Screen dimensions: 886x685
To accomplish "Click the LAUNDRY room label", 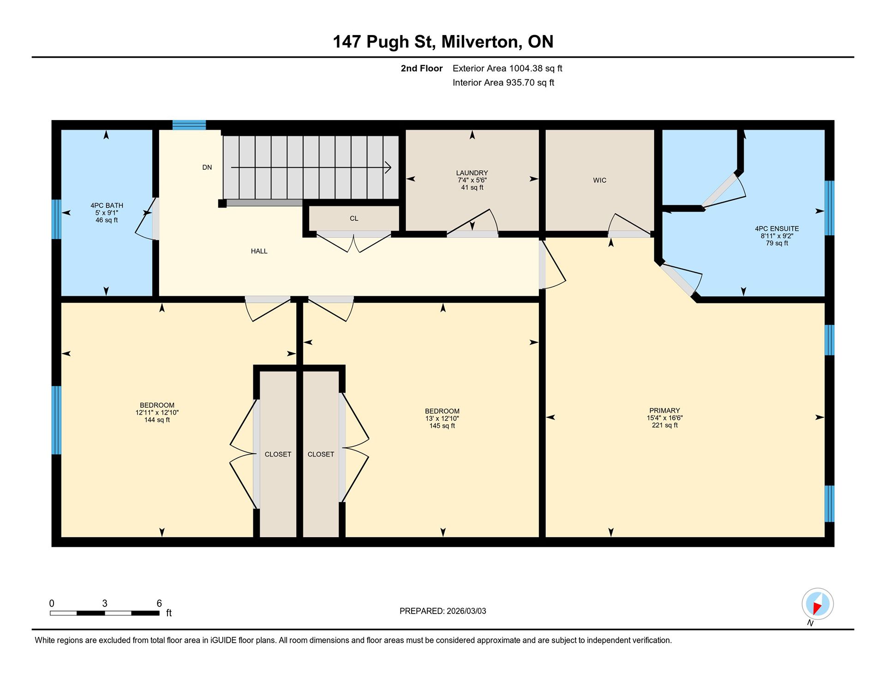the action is (x=472, y=173).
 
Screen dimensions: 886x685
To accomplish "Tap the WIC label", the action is (x=599, y=180).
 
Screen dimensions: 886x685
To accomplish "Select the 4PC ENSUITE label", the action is (x=777, y=228).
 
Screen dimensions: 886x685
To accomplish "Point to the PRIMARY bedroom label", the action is (x=664, y=410).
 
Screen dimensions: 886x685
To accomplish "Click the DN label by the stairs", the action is (x=207, y=167).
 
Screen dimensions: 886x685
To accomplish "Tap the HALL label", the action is (x=259, y=251).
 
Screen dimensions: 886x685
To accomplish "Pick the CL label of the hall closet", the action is (x=354, y=218).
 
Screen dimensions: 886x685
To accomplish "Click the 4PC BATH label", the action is (x=107, y=205).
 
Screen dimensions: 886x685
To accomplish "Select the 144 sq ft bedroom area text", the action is (x=157, y=420).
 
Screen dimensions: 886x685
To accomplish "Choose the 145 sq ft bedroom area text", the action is (x=442, y=426).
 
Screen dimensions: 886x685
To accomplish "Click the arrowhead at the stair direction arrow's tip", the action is (x=389, y=167).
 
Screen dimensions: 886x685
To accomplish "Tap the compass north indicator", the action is (x=818, y=604).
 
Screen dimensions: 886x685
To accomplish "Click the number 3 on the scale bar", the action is (x=105, y=603).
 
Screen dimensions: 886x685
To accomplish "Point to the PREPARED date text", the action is (x=443, y=611).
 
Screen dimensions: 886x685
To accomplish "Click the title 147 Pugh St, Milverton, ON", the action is (x=443, y=42).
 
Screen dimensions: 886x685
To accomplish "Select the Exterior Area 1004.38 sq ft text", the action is (x=507, y=68).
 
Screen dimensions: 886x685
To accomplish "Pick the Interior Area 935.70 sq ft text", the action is (x=503, y=83).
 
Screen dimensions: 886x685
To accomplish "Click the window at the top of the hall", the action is (x=189, y=125).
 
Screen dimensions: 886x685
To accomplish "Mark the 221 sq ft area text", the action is (x=664, y=425).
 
